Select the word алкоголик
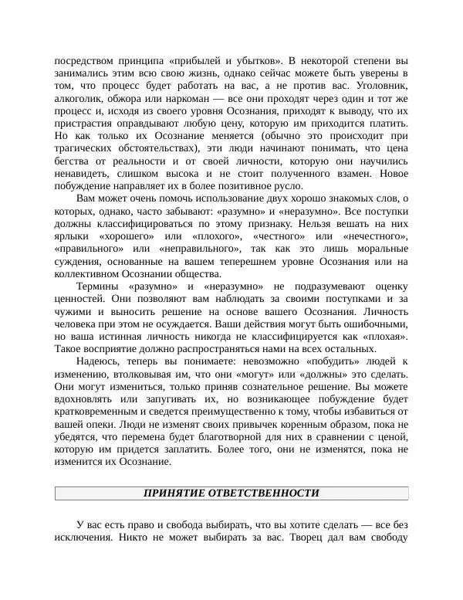(80, 100)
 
